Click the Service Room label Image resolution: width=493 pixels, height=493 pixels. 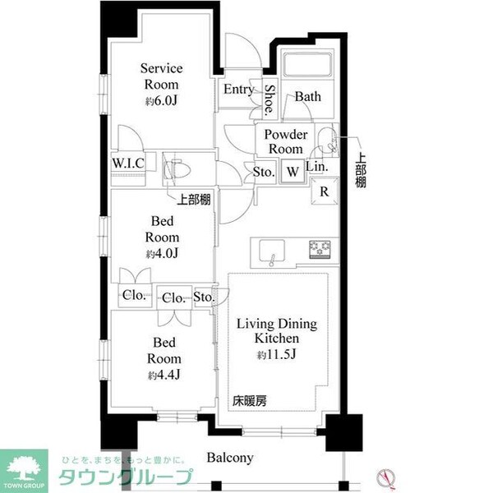[x=160, y=76]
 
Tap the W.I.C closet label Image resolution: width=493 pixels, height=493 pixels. [x=128, y=163]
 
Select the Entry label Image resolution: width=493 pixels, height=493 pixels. [x=239, y=90]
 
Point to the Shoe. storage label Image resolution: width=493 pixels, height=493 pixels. [x=270, y=99]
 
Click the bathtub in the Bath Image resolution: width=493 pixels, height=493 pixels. [x=306, y=65]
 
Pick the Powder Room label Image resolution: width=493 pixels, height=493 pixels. [x=285, y=141]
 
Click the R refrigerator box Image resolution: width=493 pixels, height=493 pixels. [x=325, y=193]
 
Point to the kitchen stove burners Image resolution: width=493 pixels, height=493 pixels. [x=320, y=249]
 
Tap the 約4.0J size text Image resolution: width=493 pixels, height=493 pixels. [x=160, y=252]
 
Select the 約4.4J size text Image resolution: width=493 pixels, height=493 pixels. [x=160, y=376]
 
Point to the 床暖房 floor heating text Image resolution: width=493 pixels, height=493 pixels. [x=249, y=402]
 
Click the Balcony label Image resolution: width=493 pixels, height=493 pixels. [x=230, y=458]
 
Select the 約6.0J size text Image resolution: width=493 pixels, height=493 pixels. [x=160, y=101]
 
